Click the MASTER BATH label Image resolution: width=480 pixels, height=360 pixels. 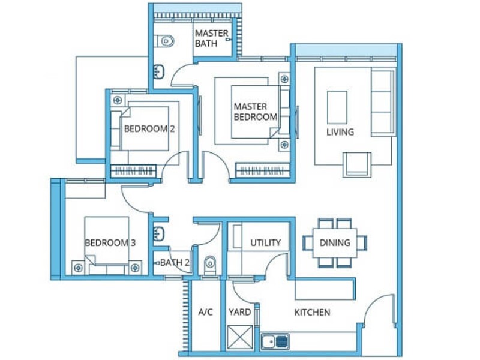pos(212,38)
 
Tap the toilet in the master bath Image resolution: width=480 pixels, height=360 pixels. pos(164,41)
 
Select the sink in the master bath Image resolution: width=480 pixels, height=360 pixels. pos(158,72)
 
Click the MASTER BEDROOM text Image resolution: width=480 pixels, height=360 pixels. pos(256,112)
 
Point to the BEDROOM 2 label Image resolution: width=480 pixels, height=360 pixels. pos(149,129)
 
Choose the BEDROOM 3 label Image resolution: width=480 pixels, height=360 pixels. pos(110,243)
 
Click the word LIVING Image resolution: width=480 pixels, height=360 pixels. pos(340,132)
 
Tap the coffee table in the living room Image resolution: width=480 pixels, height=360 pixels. pos(337,107)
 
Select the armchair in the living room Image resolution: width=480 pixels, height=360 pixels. pos(357,164)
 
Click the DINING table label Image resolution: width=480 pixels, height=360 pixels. pos(335,243)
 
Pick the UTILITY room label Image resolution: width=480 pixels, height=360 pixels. pos(265,243)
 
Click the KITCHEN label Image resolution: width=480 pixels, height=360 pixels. pos(312,313)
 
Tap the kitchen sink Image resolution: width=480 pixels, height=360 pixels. pos(275,341)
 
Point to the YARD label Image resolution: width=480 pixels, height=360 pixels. pos(239,312)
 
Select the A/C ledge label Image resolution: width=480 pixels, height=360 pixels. pos(205,312)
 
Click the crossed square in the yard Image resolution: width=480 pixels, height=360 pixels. pos(241,337)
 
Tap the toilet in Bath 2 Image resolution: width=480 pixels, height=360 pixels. pos(210,265)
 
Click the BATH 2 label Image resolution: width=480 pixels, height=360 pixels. pos(175,262)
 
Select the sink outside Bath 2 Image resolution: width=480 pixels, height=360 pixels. pos(158,234)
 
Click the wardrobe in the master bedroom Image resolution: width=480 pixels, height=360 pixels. pos(262,170)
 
